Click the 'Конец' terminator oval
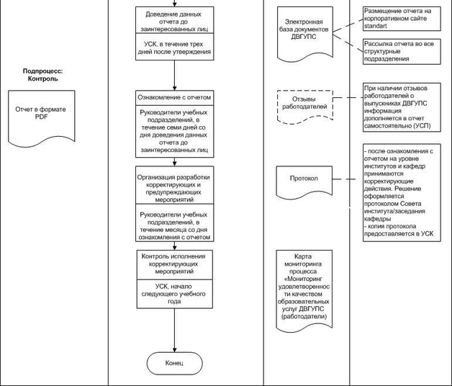click(175, 362)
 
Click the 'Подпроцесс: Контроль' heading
click(42, 75)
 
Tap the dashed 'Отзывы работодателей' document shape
click(305, 104)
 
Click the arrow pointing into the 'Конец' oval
click(175, 342)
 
